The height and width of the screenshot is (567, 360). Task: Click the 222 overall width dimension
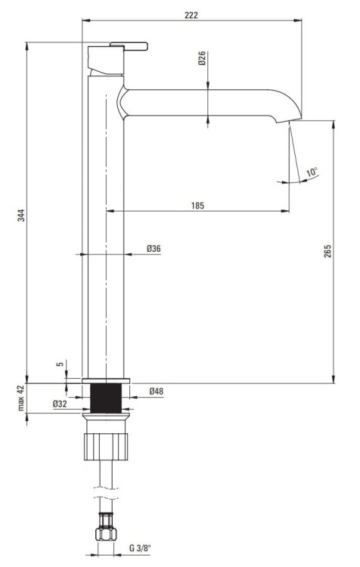(191, 15)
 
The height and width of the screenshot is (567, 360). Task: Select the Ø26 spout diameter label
(203, 59)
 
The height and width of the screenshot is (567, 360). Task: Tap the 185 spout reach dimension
(197, 205)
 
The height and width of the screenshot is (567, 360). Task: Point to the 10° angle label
(312, 172)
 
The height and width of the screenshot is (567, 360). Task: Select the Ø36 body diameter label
(154, 248)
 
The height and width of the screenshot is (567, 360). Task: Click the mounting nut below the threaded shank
(106, 442)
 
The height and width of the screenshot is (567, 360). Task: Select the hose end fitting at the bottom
(105, 531)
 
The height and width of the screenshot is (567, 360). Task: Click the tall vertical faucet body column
(104, 227)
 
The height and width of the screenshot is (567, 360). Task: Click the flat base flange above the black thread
(105, 380)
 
